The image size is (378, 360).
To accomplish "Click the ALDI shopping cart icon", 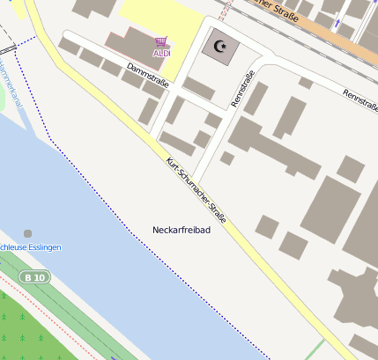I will [x=160, y=41].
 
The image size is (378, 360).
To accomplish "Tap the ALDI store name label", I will [x=161, y=53].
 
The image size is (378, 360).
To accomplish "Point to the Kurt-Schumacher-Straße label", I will [x=196, y=188].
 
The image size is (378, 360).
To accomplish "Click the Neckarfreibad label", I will [x=182, y=230].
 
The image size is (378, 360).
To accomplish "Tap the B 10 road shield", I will [x=36, y=277].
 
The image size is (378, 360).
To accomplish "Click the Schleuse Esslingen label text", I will [x=30, y=247].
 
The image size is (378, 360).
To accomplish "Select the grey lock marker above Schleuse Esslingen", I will [x=27, y=233].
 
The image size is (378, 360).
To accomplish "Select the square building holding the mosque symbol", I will [x=219, y=46].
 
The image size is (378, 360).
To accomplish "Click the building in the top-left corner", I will [x=93, y=8].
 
